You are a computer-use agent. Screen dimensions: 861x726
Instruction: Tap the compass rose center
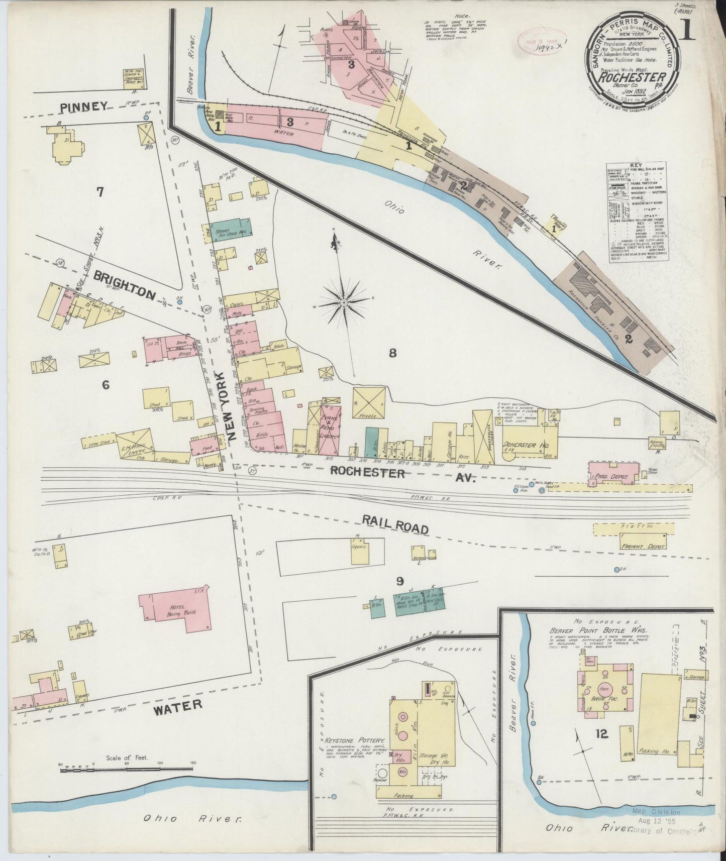point(344,303)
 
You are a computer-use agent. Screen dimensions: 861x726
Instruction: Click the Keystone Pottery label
point(355,741)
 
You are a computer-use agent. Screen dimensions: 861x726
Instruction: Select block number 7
point(100,192)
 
